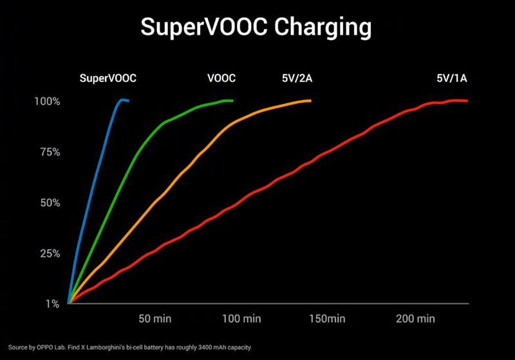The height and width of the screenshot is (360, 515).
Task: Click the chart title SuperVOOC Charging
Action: pos(256,28)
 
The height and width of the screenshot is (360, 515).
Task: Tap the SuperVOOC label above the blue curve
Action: pos(108,79)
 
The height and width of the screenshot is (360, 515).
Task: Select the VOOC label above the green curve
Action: pos(221,79)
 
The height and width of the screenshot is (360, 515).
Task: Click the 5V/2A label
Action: pos(297,79)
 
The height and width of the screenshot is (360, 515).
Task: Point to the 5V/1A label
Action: pos(452,79)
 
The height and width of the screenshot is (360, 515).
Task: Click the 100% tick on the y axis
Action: pos(48,101)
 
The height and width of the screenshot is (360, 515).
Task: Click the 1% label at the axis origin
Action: pos(52,303)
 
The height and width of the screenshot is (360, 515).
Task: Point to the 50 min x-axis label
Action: pos(154,319)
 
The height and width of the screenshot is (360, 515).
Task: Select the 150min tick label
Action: pos(327,319)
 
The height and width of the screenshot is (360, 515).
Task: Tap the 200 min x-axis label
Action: pos(415,319)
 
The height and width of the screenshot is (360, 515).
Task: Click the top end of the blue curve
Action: pos(127,100)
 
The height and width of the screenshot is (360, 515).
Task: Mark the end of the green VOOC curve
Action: pos(232,100)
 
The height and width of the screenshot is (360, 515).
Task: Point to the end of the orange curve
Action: pos(310,100)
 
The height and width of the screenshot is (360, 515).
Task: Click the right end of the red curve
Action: pos(467,100)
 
